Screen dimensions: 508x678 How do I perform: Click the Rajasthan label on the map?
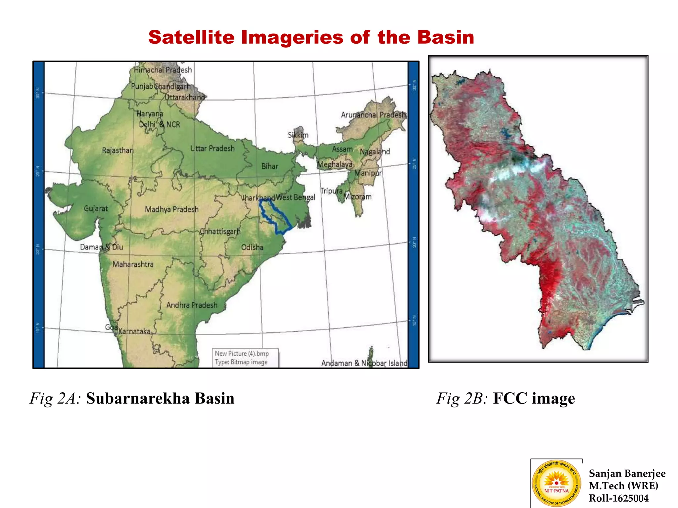pyautogui.click(x=118, y=150)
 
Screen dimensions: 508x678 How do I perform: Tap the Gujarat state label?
pyautogui.click(x=96, y=208)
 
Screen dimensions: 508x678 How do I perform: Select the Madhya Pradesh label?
pyautogui.click(x=171, y=209)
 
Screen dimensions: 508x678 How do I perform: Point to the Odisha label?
pyautogui.click(x=252, y=247)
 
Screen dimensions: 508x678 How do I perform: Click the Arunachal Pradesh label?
pyautogui.click(x=373, y=115)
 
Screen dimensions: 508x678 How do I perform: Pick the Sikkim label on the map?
pyautogui.click(x=298, y=135)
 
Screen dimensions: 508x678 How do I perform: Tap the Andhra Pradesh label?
pyautogui.click(x=192, y=305)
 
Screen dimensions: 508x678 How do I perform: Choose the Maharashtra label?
pyautogui.click(x=133, y=264)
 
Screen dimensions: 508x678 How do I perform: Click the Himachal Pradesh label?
pyautogui.click(x=163, y=70)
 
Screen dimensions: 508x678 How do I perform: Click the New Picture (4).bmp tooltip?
pyautogui.click(x=245, y=358)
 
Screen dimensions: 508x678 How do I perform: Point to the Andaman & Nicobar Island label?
pyautogui.click(x=364, y=363)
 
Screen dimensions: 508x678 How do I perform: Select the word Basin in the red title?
pyautogui.click(x=445, y=37)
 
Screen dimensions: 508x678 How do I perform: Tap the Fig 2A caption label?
pyautogui.click(x=55, y=398)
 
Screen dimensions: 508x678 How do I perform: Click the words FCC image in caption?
pyautogui.click(x=534, y=398)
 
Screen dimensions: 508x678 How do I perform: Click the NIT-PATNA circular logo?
pyautogui.click(x=557, y=483)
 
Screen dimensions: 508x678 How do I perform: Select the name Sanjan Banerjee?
pyautogui.click(x=627, y=473)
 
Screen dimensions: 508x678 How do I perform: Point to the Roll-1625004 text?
pyautogui.click(x=618, y=498)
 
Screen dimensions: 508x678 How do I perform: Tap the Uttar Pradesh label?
pyautogui.click(x=212, y=148)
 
